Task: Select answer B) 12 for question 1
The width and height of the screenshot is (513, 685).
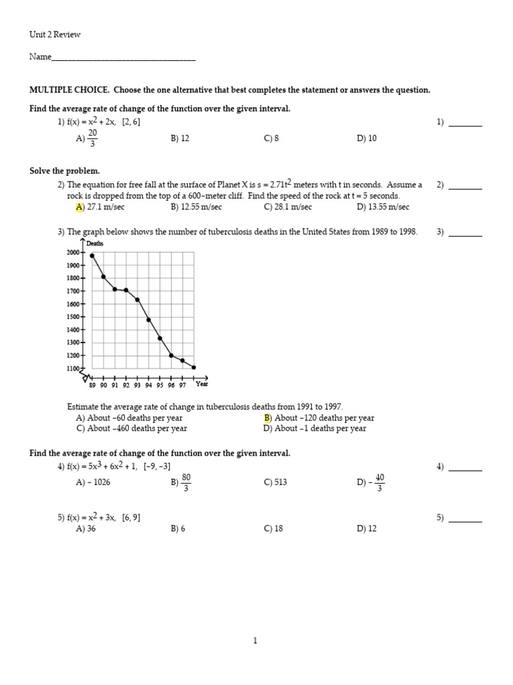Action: [x=180, y=138]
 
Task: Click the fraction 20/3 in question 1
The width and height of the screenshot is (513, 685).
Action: [x=93, y=138]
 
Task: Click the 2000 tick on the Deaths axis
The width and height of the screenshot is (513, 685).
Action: [x=73, y=252]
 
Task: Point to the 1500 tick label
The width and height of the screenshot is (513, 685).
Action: [x=73, y=317]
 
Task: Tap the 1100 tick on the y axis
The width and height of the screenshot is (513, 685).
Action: [x=73, y=369]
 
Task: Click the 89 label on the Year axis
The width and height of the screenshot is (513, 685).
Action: [x=92, y=385]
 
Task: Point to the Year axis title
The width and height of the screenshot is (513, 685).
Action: [x=202, y=384]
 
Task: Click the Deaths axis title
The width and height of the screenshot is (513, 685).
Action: [x=95, y=244]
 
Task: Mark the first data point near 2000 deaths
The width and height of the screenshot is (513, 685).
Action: [x=92, y=256]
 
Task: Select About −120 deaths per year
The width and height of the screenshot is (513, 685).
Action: [x=323, y=418]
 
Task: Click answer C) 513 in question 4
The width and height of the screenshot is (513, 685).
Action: [x=275, y=482]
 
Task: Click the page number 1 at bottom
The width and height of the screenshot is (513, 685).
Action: [x=255, y=641]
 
